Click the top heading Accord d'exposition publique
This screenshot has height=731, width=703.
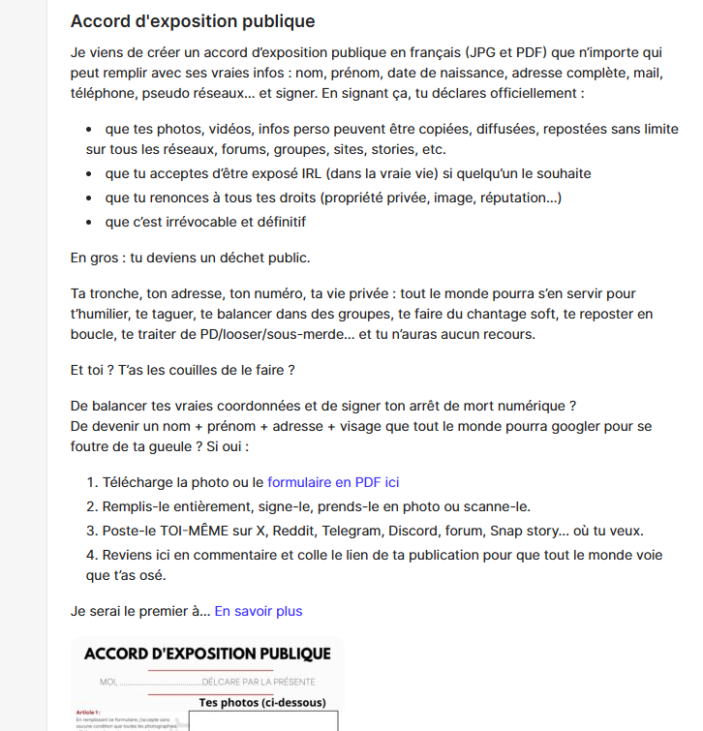click(193, 21)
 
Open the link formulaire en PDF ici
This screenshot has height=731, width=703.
click(333, 481)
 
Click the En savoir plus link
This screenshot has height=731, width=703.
click(259, 611)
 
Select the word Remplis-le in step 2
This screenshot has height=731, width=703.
click(137, 506)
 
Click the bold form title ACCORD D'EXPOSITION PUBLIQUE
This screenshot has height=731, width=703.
click(207, 655)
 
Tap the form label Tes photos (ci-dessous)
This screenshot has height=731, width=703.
click(261, 702)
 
